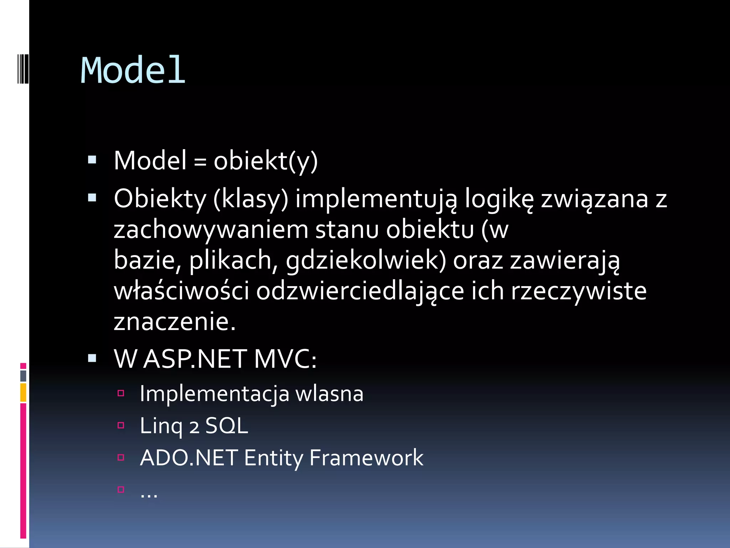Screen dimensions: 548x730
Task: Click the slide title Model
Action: coord(133,70)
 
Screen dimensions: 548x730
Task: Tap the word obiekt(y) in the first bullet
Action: coord(266,161)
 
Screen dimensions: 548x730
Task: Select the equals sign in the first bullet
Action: coord(200,162)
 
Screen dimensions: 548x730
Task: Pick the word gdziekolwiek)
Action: coord(366,261)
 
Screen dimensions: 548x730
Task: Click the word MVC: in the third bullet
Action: coord(285,359)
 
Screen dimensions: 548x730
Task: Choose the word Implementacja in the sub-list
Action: coord(214,394)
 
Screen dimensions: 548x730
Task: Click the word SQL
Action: coord(227,426)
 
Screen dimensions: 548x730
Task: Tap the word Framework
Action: coord(366,458)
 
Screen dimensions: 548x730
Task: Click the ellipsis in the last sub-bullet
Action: coord(149,494)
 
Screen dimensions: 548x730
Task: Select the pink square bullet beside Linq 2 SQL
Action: coord(121,425)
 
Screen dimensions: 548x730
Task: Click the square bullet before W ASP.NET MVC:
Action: coord(92,358)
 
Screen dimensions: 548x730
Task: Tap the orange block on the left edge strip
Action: coord(23,392)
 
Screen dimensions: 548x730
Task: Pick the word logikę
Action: coord(499,199)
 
